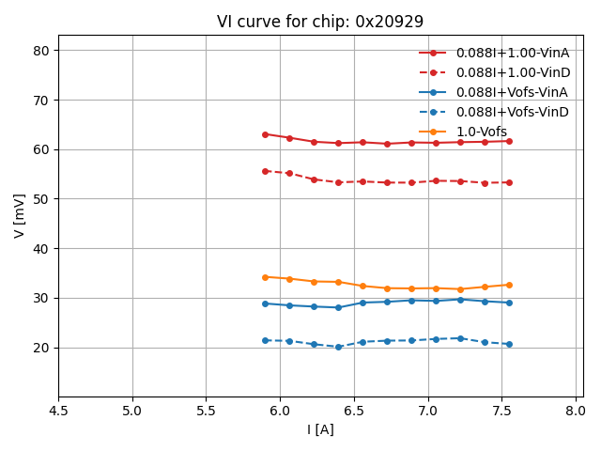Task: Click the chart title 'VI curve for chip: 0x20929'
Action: point(319,22)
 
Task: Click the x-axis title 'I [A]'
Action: point(320,429)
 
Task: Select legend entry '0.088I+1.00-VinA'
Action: point(512,53)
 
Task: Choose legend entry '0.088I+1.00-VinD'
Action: point(512,72)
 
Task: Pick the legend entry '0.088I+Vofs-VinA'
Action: point(512,92)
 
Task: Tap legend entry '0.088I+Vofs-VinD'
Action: point(512,112)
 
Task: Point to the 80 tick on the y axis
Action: point(41,51)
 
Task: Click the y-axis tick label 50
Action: point(41,199)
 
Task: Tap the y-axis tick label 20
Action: point(41,348)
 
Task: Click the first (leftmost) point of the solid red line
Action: point(265,134)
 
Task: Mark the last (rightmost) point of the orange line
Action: point(509,285)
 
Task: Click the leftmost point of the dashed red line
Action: point(265,171)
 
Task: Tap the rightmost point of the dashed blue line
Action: point(509,344)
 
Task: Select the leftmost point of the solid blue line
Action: point(265,303)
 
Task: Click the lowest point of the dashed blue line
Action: point(338,347)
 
